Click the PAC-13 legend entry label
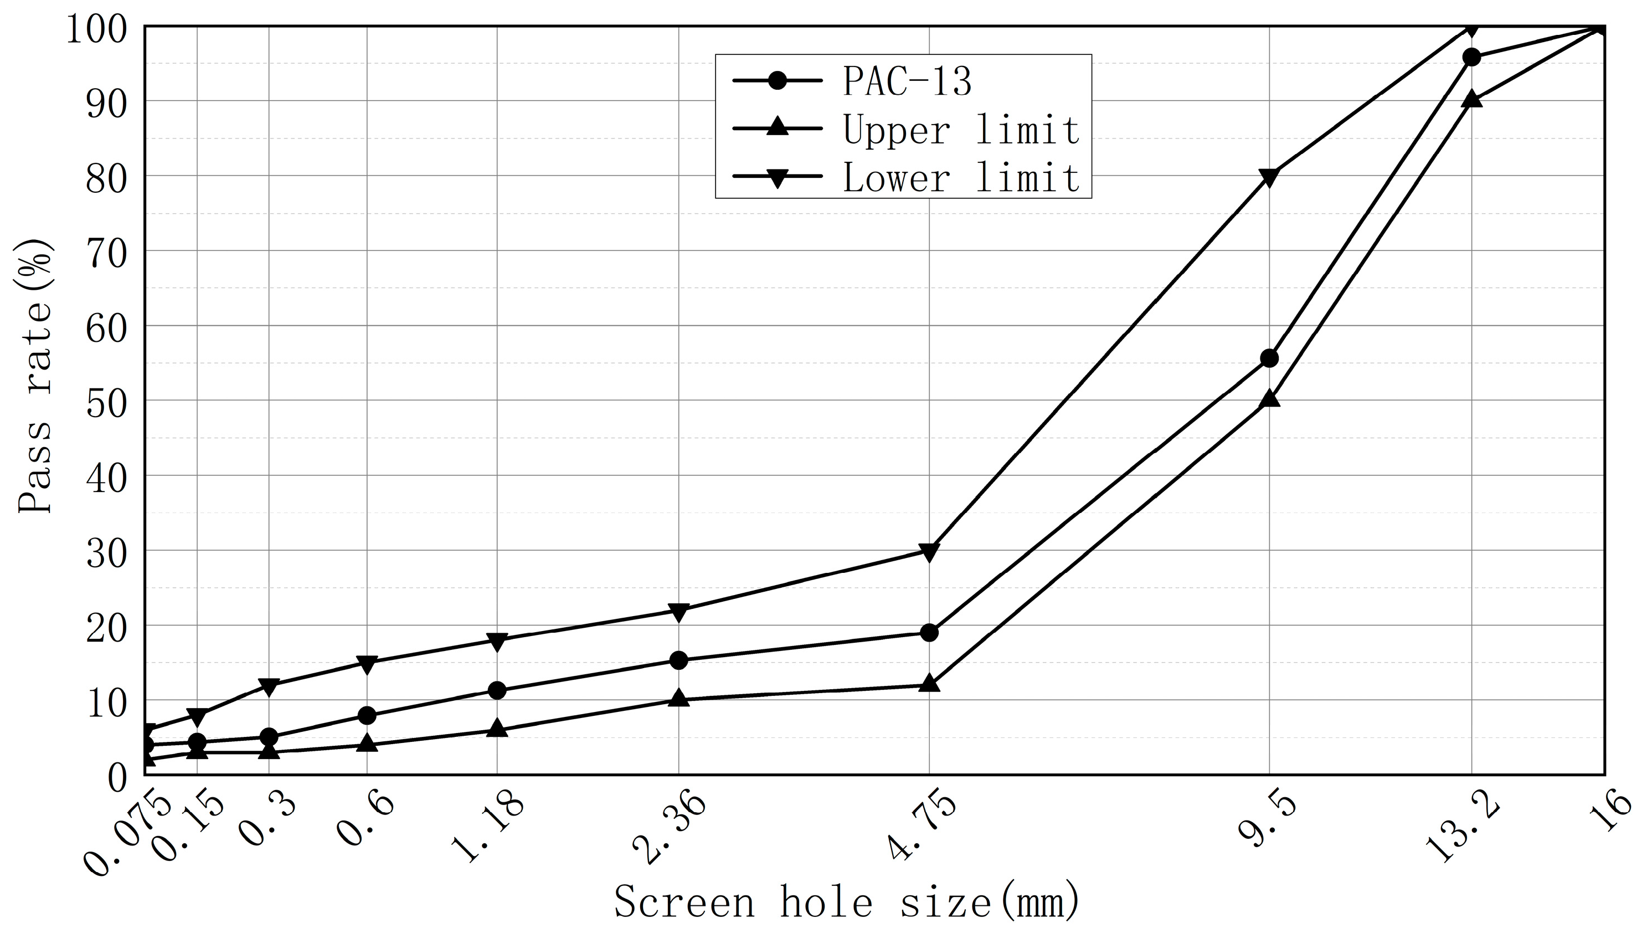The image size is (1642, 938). [907, 82]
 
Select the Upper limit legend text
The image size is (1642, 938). [961, 130]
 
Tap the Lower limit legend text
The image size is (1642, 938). [961, 177]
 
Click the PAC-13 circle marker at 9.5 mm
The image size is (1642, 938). [1269, 358]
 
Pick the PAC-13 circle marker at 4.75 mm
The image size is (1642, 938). [929, 633]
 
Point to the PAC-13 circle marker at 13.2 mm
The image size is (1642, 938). [1471, 57]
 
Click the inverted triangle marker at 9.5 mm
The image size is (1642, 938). [1269, 177]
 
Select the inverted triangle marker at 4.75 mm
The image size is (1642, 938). [929, 552]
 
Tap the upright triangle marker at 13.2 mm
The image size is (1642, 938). [1471, 99]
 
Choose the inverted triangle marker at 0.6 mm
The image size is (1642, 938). [367, 664]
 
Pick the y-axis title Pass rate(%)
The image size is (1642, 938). [35, 377]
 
